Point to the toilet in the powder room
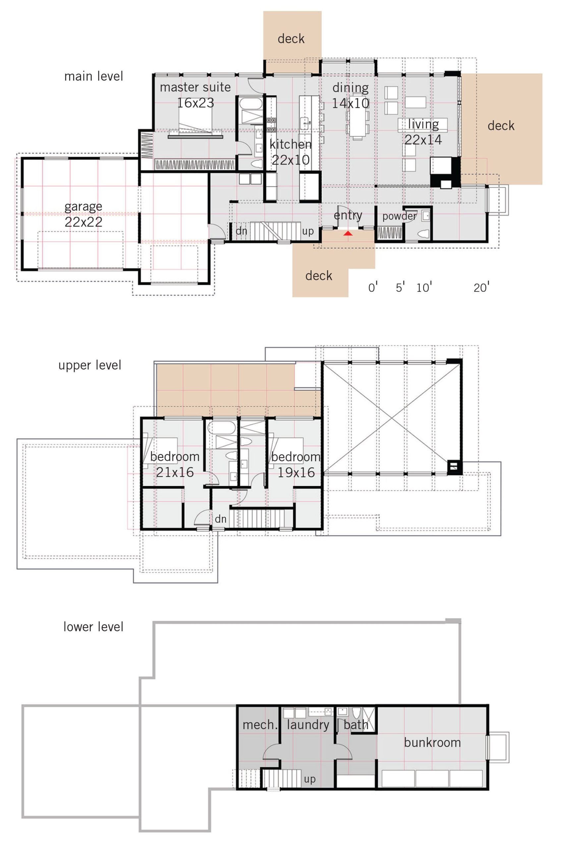pos(423,234)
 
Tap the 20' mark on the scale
pos(481,287)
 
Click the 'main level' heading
pos(93,76)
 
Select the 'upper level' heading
pos(89,365)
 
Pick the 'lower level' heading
pos(93,627)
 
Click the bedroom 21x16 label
pos(175,464)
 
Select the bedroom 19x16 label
pos(296,464)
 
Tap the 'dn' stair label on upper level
pos(220,519)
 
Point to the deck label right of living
pos(501,126)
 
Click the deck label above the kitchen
pos(291,39)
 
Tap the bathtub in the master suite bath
pos(251,104)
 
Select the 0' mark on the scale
pos(373,287)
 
